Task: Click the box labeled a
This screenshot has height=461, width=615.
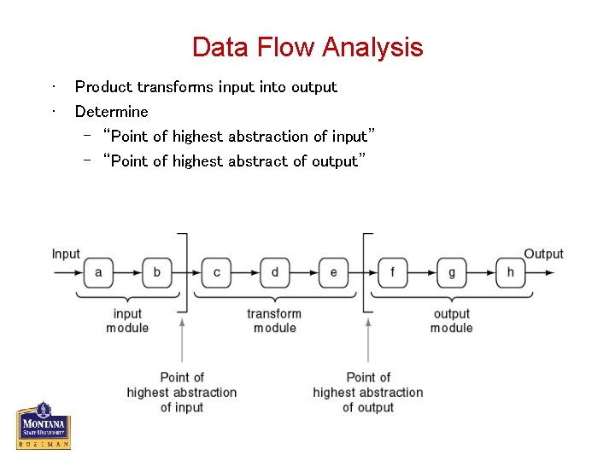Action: tap(98, 273)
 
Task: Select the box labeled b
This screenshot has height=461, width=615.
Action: tap(156, 273)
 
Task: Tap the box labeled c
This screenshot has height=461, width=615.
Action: tap(216, 273)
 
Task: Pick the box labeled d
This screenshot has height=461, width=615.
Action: tap(274, 273)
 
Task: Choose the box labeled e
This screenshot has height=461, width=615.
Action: tap(333, 273)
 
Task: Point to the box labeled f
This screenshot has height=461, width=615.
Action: tap(393, 273)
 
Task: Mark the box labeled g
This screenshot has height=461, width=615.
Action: tap(451, 273)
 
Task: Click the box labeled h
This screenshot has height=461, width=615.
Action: tap(510, 273)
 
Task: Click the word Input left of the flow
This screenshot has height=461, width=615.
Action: tap(66, 254)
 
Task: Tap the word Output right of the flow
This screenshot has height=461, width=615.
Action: tap(543, 254)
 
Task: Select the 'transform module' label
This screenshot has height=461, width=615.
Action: tap(274, 321)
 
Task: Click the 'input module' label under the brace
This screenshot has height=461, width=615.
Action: tap(127, 321)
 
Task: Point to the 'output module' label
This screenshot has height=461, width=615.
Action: tap(451, 321)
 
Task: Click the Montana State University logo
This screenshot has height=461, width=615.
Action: tap(43, 424)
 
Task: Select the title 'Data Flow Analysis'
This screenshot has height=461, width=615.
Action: tap(307, 47)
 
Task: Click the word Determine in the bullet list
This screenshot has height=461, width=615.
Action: tap(111, 112)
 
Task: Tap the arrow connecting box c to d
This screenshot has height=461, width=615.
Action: tap(245, 273)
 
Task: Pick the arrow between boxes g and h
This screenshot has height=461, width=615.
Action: tap(481, 273)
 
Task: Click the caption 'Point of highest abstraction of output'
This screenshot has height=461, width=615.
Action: tap(367, 393)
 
